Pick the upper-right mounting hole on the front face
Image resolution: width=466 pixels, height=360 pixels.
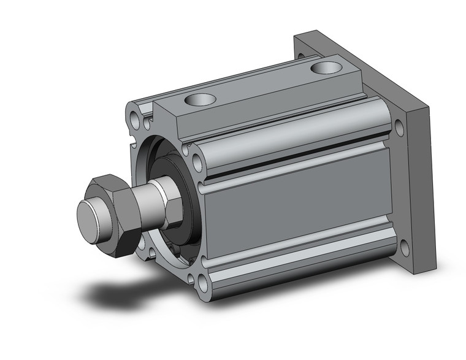point(197,161)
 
